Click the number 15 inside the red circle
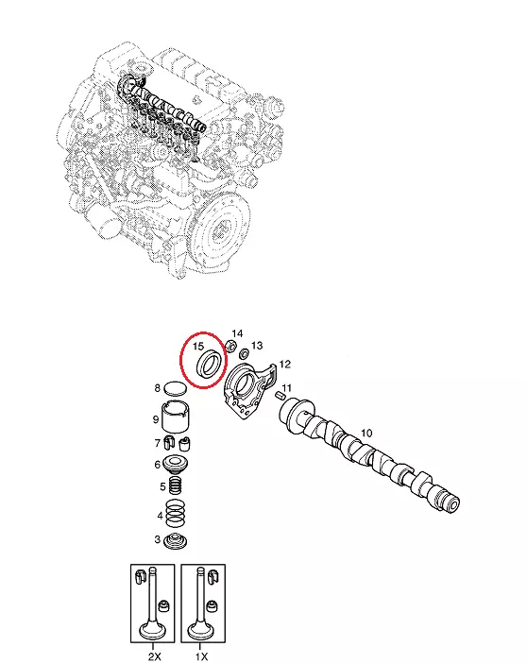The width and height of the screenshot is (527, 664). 198,346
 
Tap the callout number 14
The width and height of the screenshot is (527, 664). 237,333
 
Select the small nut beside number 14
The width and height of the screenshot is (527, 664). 230,346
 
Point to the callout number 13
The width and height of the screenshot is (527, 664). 257,346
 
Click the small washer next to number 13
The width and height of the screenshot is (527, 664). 245,353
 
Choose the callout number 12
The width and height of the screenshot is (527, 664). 285,365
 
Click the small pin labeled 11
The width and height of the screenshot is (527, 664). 280,396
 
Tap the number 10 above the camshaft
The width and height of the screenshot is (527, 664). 366,433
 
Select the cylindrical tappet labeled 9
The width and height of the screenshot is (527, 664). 176,416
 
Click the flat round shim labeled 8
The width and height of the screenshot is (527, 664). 176,388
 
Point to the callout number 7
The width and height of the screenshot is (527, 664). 158,443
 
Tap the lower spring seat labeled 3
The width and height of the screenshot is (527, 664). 176,541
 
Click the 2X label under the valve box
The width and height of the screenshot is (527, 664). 155,656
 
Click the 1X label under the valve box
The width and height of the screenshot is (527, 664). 201,656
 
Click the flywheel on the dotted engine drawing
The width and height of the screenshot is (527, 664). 221,230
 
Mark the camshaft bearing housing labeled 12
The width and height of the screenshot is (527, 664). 247,390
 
